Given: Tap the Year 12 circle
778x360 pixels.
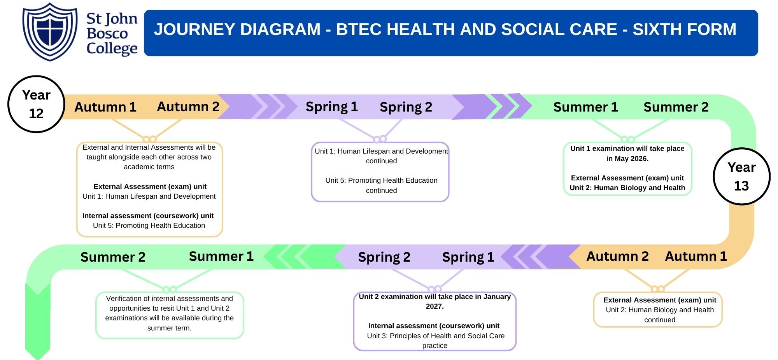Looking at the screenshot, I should [x=36, y=104].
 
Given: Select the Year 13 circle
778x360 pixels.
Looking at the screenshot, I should [x=741, y=177].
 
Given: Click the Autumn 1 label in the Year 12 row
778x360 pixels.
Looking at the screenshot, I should [x=105, y=107].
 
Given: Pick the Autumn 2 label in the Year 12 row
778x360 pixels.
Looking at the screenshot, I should [x=188, y=107].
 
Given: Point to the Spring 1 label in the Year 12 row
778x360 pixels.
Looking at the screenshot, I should [x=331, y=107].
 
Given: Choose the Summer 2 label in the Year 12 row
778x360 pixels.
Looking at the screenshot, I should [x=676, y=107].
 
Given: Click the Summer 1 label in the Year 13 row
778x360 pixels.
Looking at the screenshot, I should [x=221, y=257].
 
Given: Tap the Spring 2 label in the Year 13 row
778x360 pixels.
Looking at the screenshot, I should [x=384, y=257].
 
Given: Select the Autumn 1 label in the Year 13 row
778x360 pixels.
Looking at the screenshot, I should [x=696, y=257].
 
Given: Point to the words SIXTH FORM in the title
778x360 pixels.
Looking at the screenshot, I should [x=684, y=30].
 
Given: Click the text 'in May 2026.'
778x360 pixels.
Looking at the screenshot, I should [x=627, y=159].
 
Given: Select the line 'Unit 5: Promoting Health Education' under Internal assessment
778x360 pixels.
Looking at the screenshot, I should [x=149, y=225].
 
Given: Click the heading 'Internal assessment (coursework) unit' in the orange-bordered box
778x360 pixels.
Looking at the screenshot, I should [x=148, y=216].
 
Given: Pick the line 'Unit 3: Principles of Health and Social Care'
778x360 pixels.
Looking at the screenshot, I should [x=436, y=336].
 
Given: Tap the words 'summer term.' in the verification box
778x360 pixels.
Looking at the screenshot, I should [x=169, y=328].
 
